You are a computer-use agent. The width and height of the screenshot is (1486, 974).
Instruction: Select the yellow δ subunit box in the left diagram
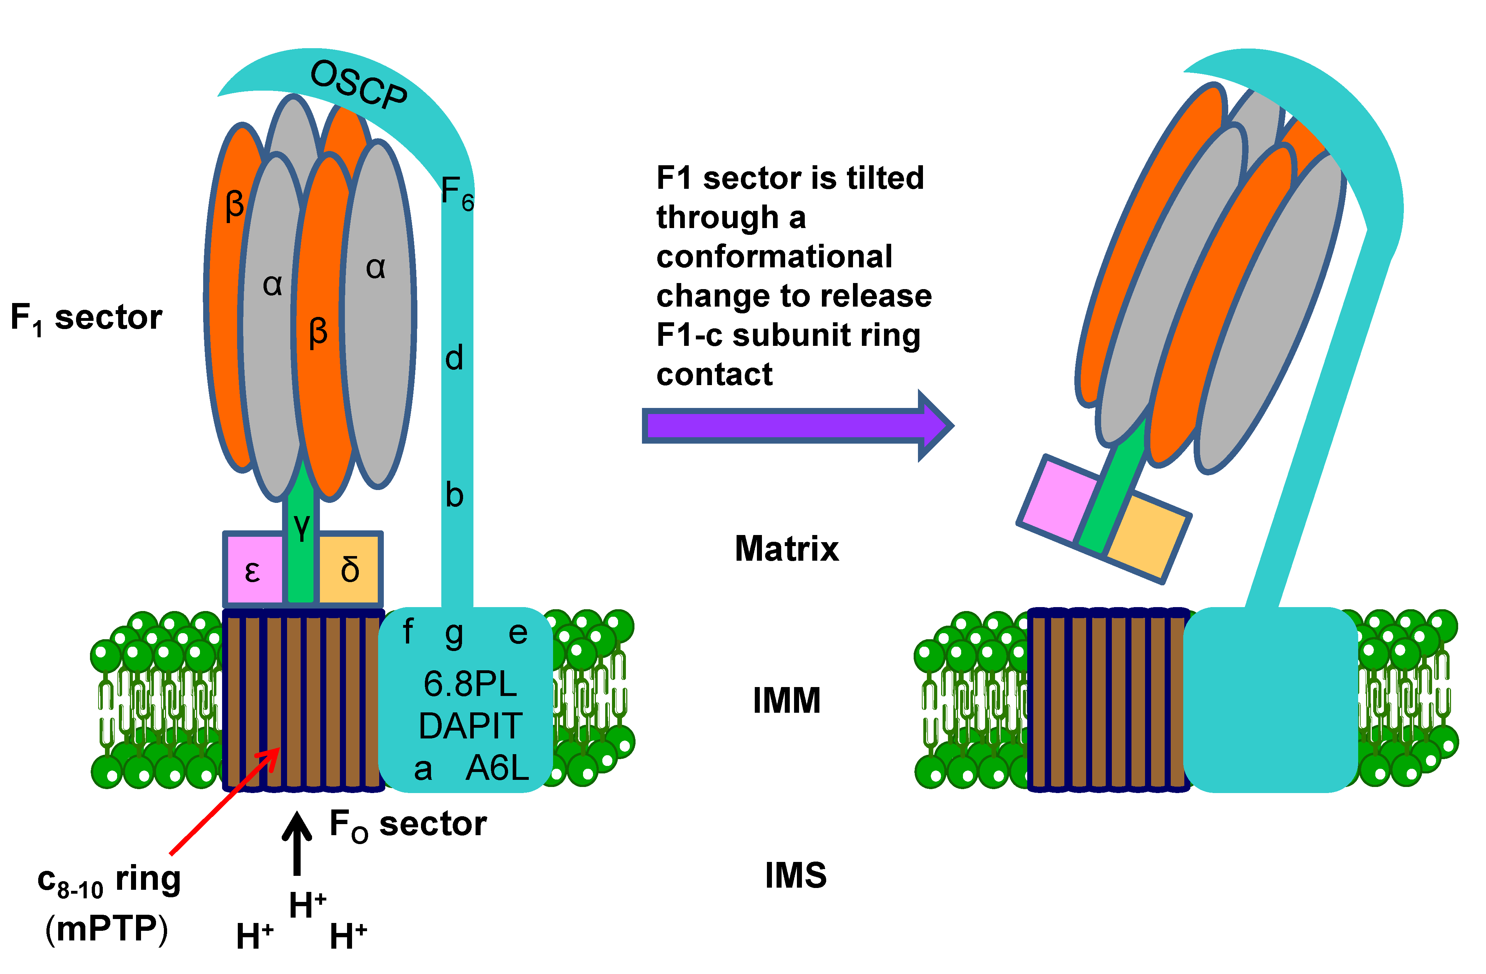(x=350, y=569)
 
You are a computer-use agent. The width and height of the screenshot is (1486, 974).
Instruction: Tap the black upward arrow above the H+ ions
(x=297, y=842)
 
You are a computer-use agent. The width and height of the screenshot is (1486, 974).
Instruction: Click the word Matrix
(x=787, y=549)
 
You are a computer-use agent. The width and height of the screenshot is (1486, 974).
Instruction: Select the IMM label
(x=787, y=700)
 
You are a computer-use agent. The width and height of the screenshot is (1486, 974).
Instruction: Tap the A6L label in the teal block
(x=497, y=767)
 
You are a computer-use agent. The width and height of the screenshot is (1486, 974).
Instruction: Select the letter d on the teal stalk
(x=454, y=358)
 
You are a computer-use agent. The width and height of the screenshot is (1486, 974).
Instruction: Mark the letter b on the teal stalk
(x=454, y=495)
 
